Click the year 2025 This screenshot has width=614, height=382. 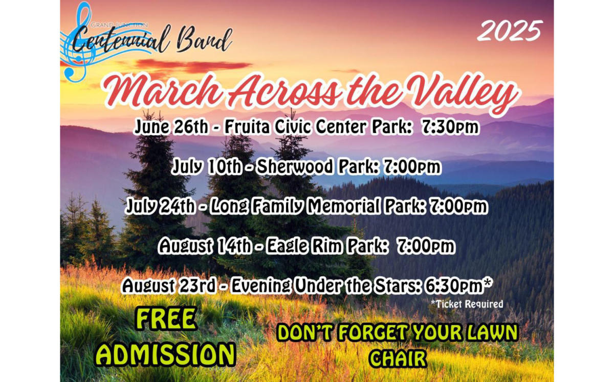510,32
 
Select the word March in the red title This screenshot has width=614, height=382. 163,93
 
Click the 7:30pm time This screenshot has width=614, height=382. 450,127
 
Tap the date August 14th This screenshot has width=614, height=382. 205,246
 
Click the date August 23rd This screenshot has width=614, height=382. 168,285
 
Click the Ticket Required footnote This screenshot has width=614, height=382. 467,304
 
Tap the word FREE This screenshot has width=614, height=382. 166,320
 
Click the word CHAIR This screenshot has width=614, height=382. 398,358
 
